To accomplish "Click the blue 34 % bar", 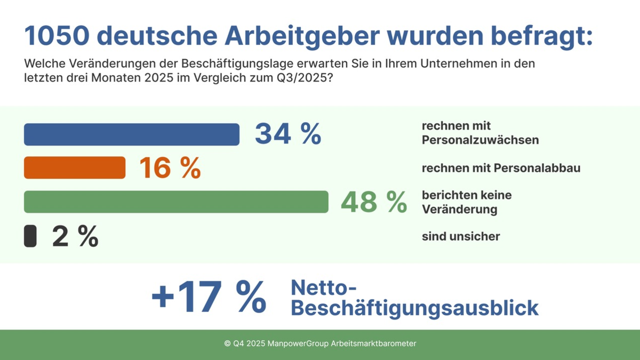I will point(131,134).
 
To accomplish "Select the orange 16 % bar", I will point(75,167).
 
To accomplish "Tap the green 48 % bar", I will point(176,202).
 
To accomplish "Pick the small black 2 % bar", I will point(30,236).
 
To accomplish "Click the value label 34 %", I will point(288,134).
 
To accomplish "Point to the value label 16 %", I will point(170,168).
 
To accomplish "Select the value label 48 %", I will point(373,202).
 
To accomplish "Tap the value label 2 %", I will point(75,236).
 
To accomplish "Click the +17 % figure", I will point(209,297).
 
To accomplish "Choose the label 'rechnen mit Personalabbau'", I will point(501,168).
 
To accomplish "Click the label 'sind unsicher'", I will point(461,236).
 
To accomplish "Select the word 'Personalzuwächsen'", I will point(480,140).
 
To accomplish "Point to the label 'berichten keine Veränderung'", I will point(466,202).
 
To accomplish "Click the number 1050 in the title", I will point(56,36).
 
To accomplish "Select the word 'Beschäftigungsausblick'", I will point(414,309).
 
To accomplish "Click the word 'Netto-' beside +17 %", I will point(323,288).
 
